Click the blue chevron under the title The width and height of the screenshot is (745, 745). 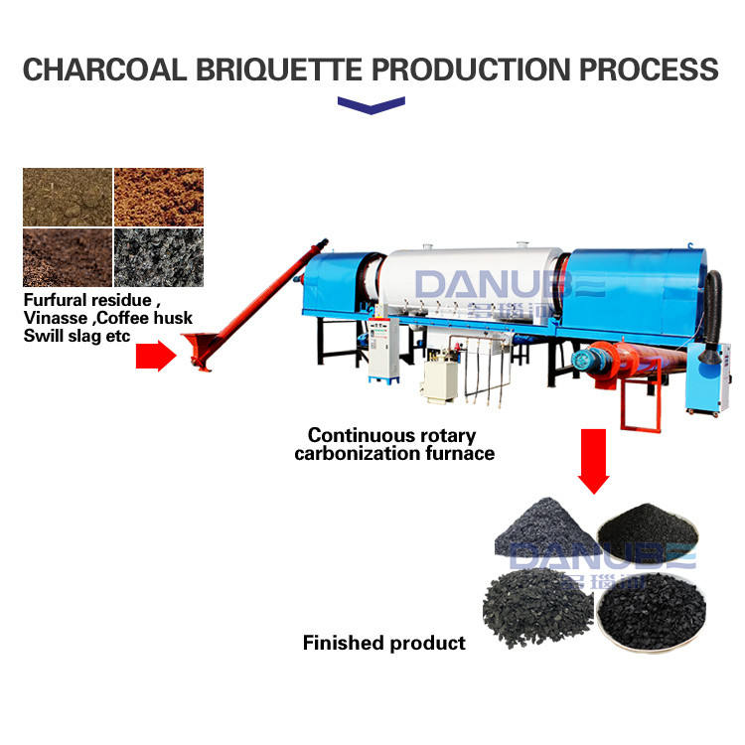[x=372, y=104]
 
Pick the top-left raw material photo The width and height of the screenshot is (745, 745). [x=67, y=197]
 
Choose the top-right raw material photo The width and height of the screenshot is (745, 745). [x=158, y=197]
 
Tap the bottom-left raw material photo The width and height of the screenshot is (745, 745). [x=67, y=257]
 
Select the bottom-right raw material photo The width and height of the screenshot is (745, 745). [x=158, y=257]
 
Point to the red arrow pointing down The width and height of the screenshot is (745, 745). [x=594, y=459]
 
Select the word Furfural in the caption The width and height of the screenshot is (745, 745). [x=59, y=301]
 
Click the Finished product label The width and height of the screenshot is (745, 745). [x=383, y=643]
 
